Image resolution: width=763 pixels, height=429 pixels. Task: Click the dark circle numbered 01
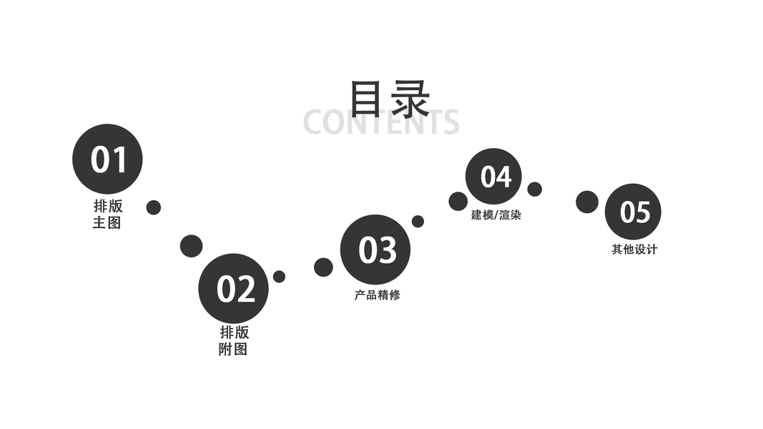107,159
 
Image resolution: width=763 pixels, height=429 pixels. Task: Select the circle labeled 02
233,288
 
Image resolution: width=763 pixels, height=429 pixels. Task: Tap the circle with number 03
375,250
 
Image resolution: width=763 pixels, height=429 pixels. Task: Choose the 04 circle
493,176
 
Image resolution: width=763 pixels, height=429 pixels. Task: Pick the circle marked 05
633,212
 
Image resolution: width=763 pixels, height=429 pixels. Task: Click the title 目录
389,98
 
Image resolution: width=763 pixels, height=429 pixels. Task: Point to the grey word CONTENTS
380,122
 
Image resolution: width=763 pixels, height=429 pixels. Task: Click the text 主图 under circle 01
107,222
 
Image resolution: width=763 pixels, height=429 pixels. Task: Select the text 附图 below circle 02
233,350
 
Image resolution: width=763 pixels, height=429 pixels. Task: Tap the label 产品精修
377,295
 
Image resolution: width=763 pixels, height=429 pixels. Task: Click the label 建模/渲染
496,214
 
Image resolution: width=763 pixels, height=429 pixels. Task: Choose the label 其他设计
634,250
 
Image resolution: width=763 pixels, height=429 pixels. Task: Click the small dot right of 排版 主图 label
153,207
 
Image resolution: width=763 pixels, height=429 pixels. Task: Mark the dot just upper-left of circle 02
191,246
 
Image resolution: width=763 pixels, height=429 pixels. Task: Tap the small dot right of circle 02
279,276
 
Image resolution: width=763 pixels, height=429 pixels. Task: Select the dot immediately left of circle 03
323,267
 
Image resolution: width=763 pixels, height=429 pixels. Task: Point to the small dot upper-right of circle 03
418,222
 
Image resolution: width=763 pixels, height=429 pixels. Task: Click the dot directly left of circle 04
458,202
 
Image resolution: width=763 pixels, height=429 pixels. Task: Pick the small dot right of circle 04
534,189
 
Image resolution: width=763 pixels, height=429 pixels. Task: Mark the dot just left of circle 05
587,202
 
